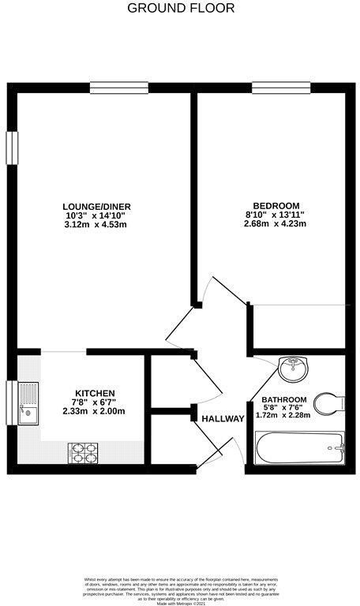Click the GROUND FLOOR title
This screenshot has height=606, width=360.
180,9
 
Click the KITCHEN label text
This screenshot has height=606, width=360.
96,393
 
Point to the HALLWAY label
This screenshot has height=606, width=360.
223,418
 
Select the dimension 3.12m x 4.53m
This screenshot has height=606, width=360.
95,225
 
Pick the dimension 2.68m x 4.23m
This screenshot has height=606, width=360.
274,224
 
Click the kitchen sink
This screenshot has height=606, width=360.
28,402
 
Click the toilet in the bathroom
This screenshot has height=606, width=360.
330,402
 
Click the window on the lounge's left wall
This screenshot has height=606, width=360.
12,148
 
